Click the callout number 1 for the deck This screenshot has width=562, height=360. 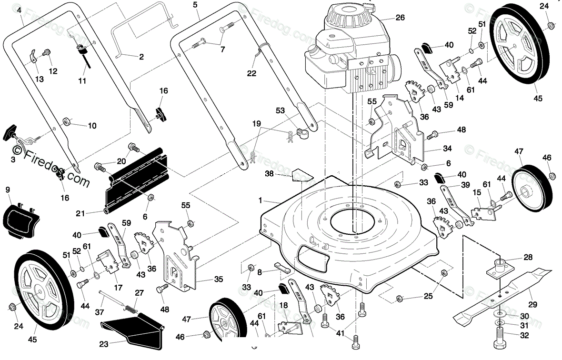point(261,200)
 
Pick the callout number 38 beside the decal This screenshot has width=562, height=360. point(270,174)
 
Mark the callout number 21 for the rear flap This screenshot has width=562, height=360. point(80,214)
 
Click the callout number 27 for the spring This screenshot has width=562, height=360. point(139,293)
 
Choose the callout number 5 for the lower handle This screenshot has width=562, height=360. point(195,5)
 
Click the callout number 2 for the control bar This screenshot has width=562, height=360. point(141,57)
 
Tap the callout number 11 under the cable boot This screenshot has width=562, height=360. point(82,81)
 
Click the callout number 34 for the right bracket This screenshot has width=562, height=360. point(447,149)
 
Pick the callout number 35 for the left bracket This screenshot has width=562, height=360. point(219,279)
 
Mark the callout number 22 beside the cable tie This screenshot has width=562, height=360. point(251,73)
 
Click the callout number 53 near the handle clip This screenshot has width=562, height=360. point(280,110)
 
